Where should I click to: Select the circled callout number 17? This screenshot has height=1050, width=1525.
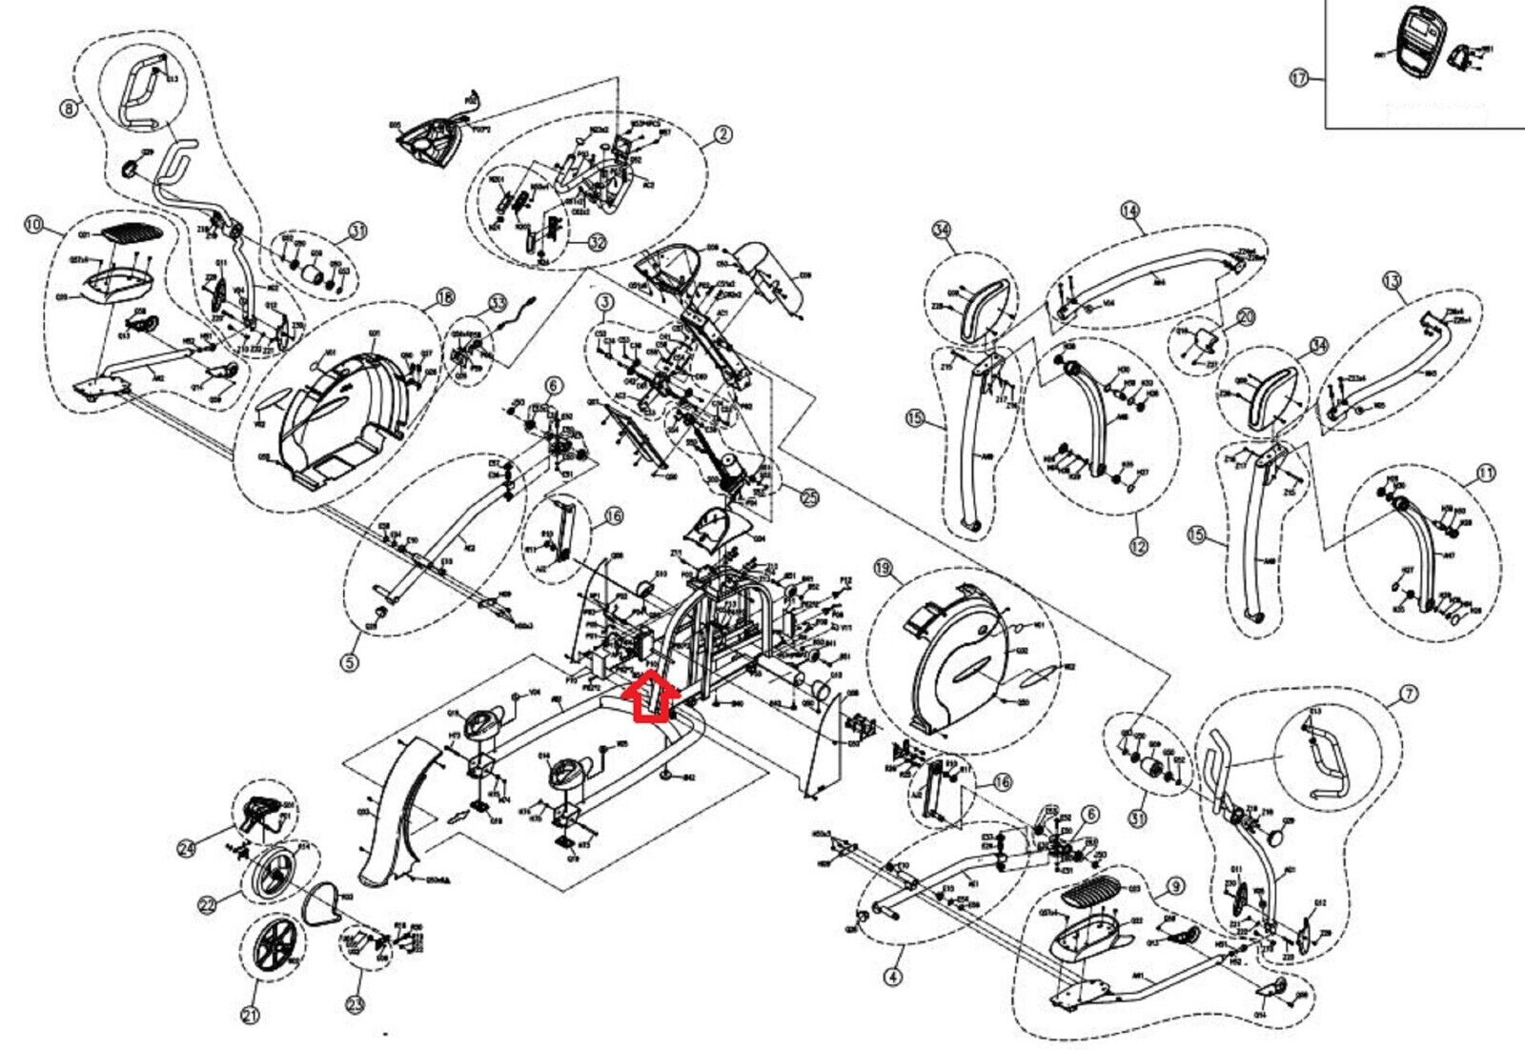(1299, 79)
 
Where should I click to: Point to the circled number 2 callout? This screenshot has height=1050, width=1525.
(723, 134)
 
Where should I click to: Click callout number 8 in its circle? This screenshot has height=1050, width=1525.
(68, 109)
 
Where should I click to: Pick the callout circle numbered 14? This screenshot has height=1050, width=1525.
(1130, 210)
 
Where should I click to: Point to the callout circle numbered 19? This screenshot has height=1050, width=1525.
(884, 570)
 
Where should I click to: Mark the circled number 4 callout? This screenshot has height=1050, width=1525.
(893, 977)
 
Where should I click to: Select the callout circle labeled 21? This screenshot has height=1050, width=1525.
(250, 1017)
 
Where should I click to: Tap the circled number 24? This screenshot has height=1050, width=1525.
(188, 844)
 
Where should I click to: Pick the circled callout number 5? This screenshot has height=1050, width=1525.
(351, 661)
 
